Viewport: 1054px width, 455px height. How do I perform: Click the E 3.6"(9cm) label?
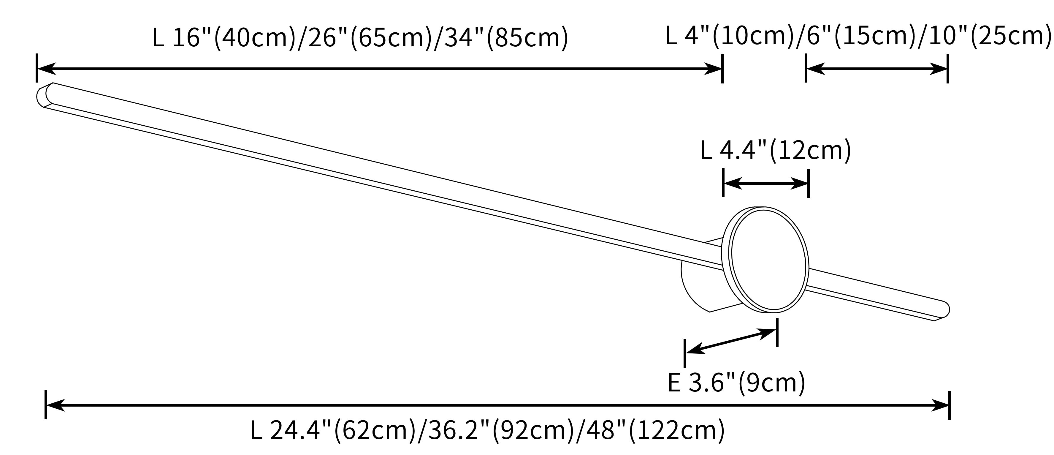pos(736,383)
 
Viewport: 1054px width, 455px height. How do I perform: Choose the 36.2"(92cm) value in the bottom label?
pos(495,430)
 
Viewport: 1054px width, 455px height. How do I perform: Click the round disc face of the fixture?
pos(768,260)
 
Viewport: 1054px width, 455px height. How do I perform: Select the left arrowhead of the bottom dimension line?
pos(56,405)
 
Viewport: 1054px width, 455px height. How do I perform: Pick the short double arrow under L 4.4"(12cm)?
pos(765,184)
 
